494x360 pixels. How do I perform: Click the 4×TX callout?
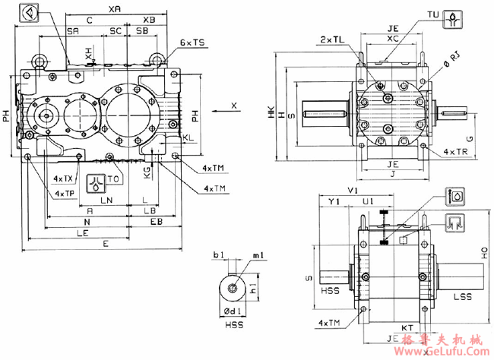point(63,179)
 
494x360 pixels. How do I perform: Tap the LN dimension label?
point(108,200)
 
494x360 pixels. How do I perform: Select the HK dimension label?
point(271,112)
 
